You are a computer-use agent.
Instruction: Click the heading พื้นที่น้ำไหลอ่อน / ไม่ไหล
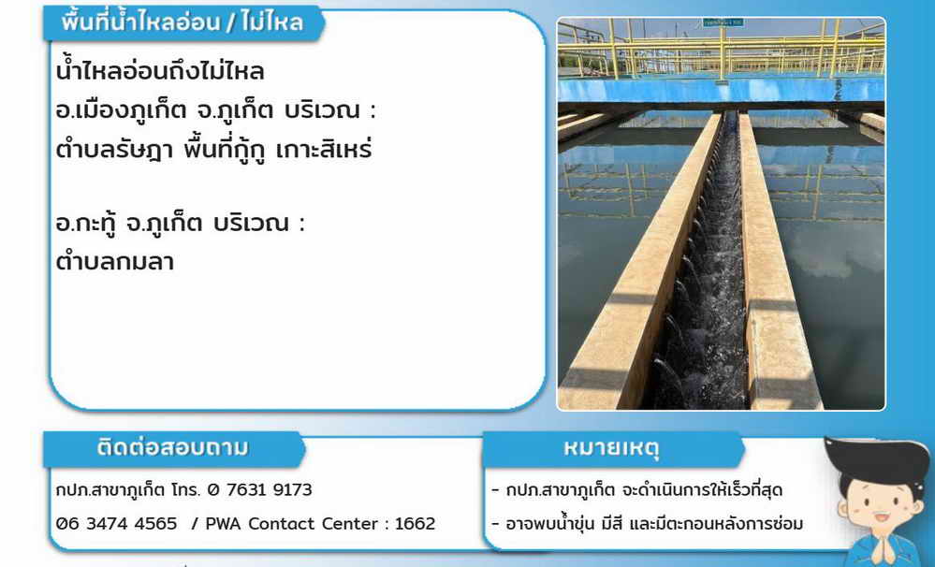183,22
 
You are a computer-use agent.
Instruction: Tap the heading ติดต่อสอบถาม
172,447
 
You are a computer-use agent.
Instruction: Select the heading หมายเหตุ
611,448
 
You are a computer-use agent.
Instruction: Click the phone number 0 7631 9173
260,489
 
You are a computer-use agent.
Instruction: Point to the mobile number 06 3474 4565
117,523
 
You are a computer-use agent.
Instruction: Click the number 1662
415,523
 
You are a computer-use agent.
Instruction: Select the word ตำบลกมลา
115,261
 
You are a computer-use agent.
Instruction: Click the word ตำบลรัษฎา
114,150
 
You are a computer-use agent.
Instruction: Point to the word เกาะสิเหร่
325,149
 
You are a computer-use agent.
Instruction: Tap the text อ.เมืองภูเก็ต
121,110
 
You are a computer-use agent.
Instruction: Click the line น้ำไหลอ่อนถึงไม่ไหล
160,71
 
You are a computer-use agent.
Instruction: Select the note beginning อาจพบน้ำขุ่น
654,523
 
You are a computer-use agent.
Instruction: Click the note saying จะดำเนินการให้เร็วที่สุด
702,490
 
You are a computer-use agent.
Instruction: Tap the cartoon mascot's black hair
877,461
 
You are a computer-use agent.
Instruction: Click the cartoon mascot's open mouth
881,516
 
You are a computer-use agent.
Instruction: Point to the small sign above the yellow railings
723,22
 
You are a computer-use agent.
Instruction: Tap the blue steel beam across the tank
721,90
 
